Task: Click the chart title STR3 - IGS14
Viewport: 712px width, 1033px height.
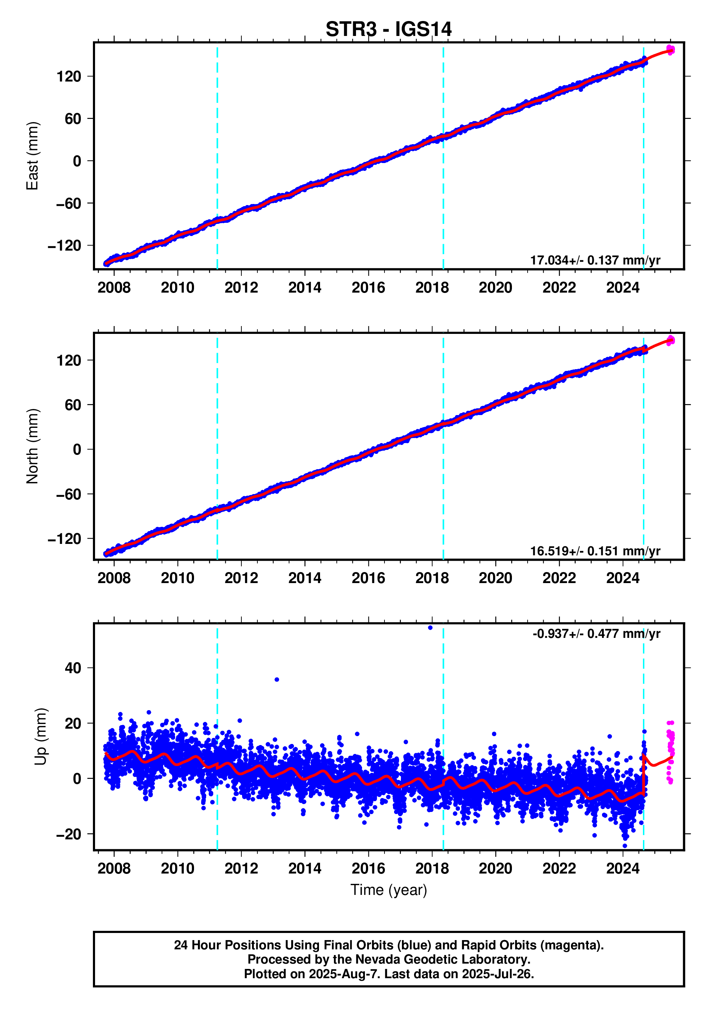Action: [x=388, y=30]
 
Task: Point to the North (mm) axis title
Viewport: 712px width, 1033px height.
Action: [x=32, y=446]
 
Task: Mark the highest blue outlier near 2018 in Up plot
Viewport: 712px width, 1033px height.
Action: [x=430, y=628]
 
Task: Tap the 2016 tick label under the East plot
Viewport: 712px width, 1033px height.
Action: [x=368, y=288]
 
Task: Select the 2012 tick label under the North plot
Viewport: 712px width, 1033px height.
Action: [x=241, y=578]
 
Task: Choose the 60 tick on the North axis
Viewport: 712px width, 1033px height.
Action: [x=73, y=405]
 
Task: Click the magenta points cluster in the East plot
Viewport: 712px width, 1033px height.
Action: [x=670, y=49]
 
